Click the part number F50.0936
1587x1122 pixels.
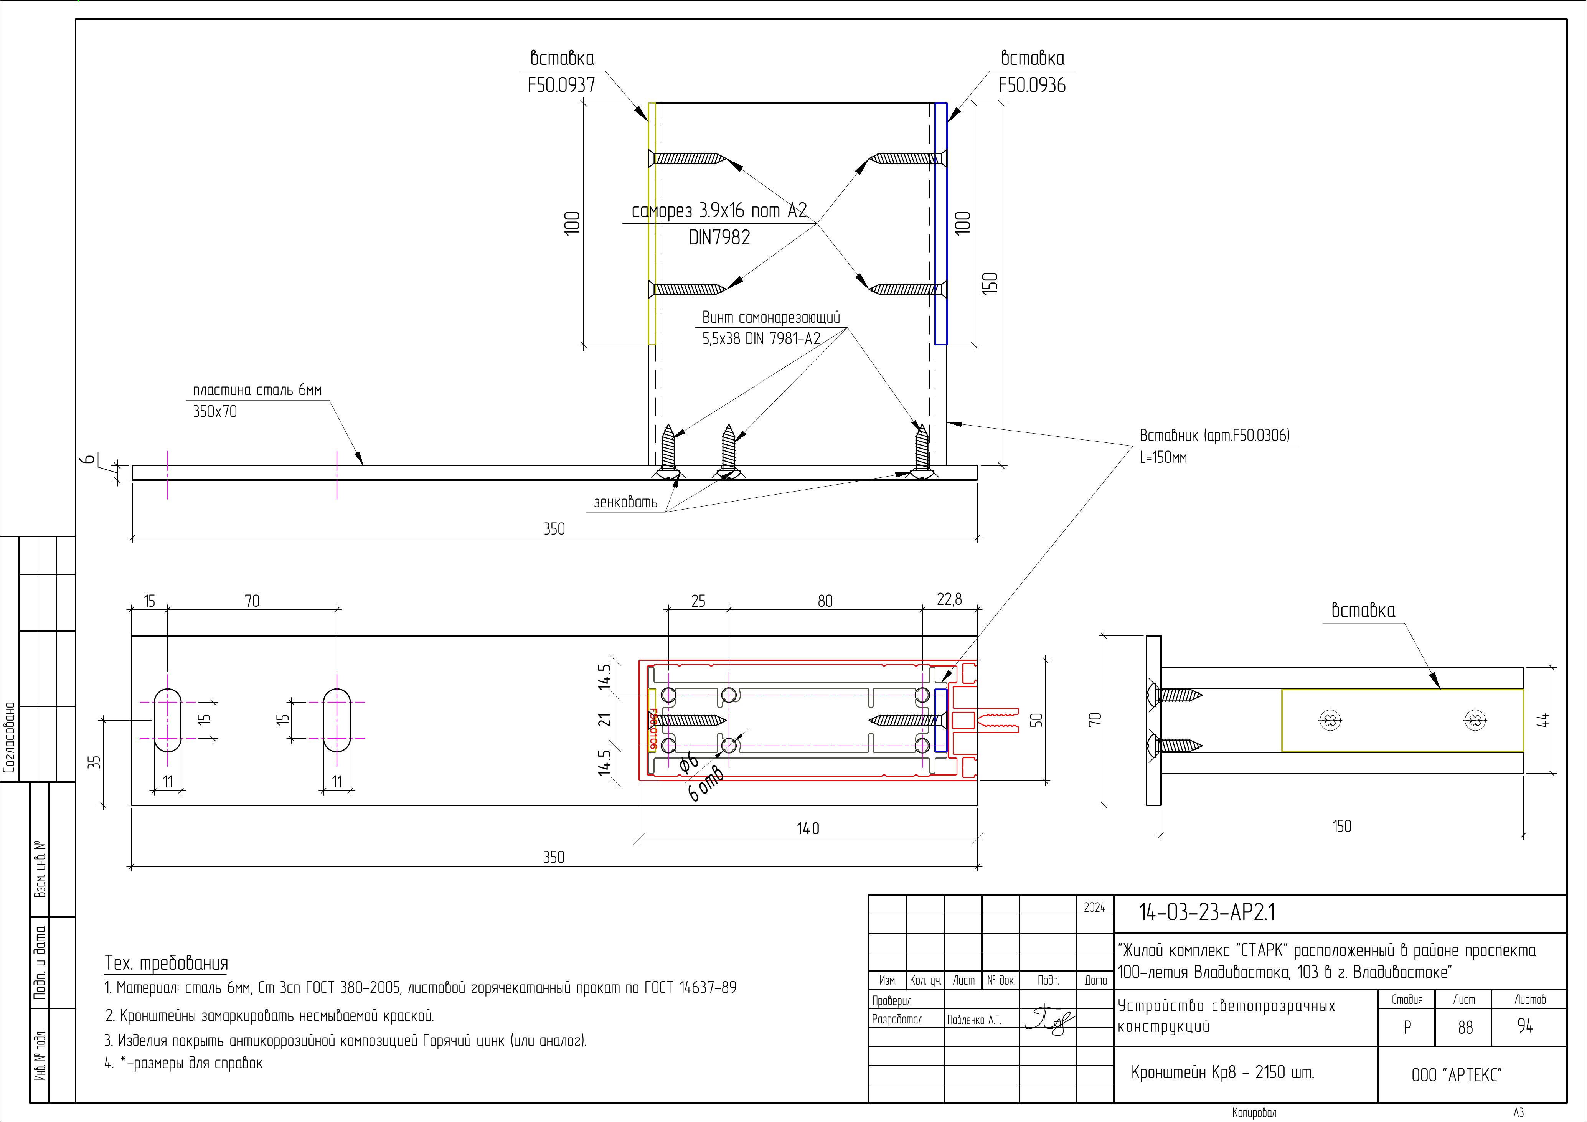click(1031, 86)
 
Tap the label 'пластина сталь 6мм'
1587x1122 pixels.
click(257, 391)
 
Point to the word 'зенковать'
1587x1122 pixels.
click(625, 502)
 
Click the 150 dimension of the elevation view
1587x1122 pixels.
click(990, 284)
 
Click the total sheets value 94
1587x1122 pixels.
click(1525, 1026)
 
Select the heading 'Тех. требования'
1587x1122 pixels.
click(166, 963)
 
